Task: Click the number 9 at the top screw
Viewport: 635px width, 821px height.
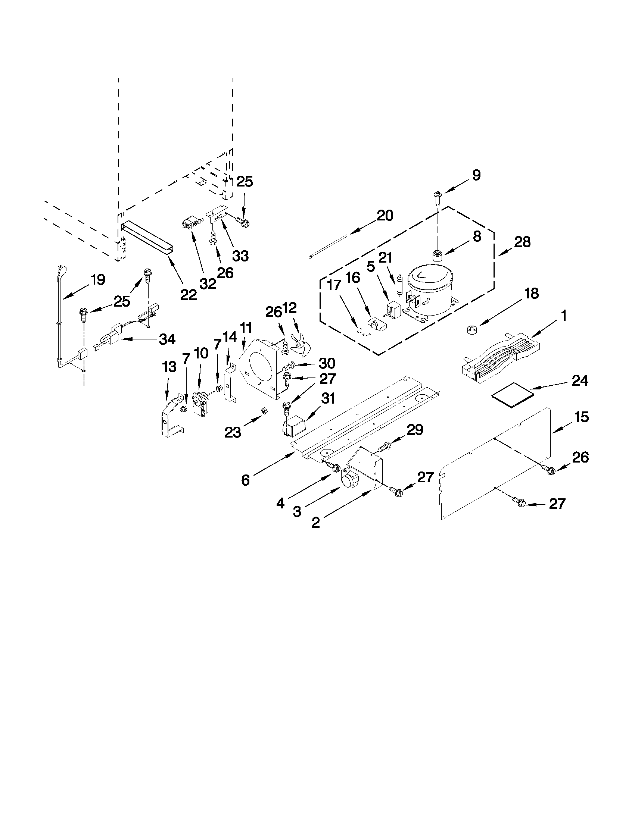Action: pyautogui.click(x=476, y=175)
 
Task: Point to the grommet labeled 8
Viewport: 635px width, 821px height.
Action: pyautogui.click(x=437, y=257)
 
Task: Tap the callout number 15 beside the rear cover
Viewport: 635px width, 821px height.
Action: pyautogui.click(x=581, y=417)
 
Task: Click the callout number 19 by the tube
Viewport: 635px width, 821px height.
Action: pyautogui.click(x=97, y=280)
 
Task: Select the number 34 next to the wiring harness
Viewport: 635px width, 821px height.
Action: pyautogui.click(x=167, y=339)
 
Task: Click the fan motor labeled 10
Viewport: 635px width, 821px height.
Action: pyautogui.click(x=201, y=403)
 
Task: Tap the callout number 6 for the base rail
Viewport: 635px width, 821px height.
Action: pyautogui.click(x=245, y=480)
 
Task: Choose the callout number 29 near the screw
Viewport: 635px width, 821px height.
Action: pyautogui.click(x=415, y=429)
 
